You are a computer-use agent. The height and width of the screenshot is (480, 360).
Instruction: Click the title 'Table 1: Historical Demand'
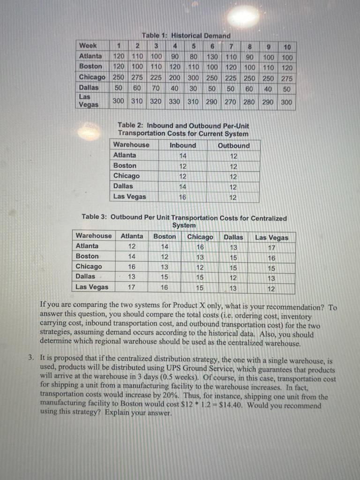tap(186, 36)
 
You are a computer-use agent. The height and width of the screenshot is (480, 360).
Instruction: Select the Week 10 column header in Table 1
tap(287, 47)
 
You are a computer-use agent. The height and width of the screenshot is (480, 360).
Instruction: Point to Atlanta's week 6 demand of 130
tap(211, 57)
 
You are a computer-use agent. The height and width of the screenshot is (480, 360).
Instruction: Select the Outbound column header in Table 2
tap(233, 145)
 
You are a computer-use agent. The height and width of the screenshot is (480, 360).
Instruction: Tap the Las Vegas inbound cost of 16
tap(182, 197)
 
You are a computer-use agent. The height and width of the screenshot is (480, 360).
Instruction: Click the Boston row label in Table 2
tap(125, 165)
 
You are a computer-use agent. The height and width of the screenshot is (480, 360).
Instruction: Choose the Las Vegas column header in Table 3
tap(271, 237)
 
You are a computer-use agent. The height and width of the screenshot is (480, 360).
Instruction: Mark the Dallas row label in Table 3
tap(85, 277)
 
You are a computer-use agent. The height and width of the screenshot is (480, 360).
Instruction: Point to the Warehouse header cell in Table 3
tap(94, 236)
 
